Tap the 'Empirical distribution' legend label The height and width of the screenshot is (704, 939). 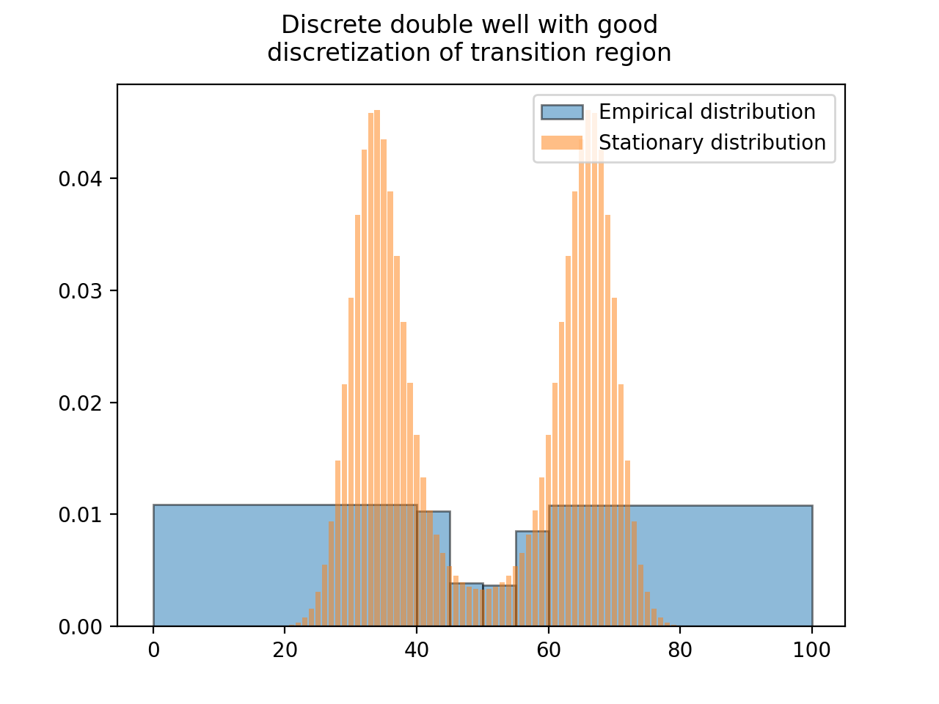pos(706,111)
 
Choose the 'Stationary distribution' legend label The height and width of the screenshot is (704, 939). pos(712,142)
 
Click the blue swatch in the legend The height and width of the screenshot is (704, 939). pos(562,112)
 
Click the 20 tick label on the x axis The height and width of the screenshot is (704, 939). pos(285,650)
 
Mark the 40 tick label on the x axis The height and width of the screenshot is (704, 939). pos(417,650)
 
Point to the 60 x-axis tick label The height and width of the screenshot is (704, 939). pos(549,650)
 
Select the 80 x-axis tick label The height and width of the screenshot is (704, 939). pos(680,650)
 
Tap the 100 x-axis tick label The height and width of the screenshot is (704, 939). pos(812,650)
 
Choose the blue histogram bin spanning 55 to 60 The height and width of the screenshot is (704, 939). pos(533,579)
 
